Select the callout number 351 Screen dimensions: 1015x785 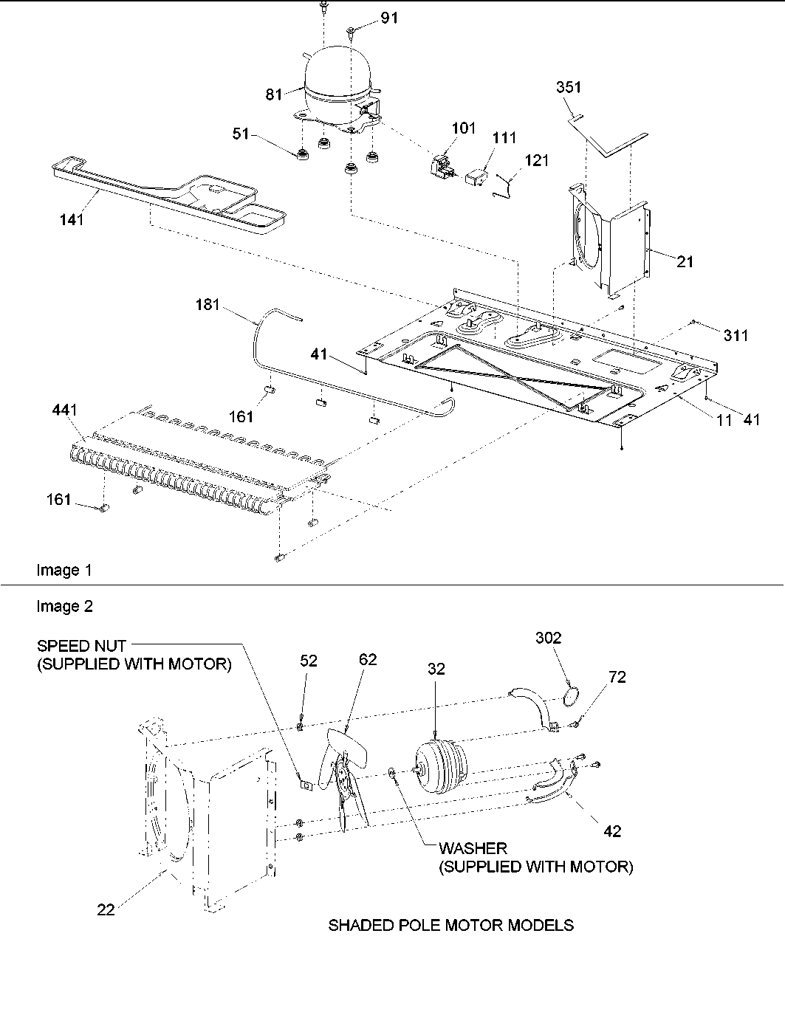[x=568, y=87]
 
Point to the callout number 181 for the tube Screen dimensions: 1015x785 [x=208, y=304]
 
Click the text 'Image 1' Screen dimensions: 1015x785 [x=64, y=570]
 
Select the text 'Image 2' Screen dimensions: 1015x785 [x=64, y=607]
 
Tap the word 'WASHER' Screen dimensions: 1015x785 [x=473, y=849]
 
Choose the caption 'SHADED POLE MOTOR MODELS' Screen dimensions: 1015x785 [x=450, y=925]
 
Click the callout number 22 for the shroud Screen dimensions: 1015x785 [x=107, y=910]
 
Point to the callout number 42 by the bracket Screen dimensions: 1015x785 [x=612, y=831]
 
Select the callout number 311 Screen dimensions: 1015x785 [x=736, y=336]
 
